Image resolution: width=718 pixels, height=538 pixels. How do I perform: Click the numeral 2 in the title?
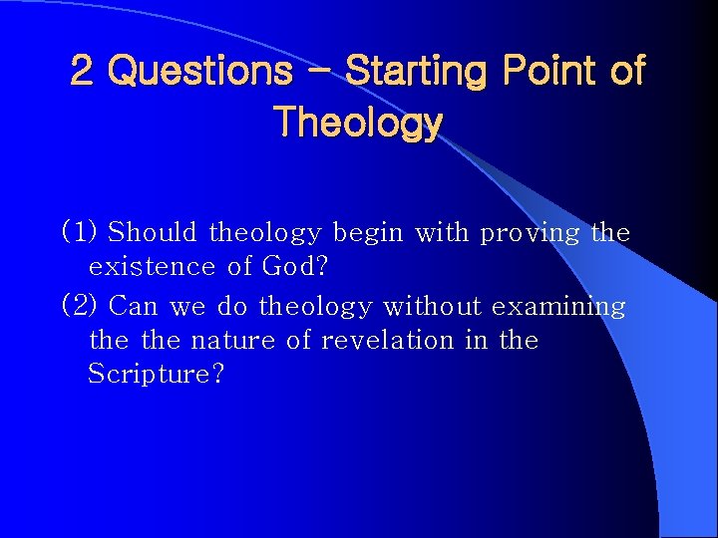[x=83, y=71]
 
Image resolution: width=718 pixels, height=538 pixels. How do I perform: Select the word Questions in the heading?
[x=199, y=71]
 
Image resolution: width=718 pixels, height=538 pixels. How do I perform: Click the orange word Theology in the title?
[x=358, y=123]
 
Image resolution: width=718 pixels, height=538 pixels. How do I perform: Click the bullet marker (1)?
[x=80, y=233]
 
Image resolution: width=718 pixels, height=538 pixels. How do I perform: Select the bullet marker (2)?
[x=80, y=306]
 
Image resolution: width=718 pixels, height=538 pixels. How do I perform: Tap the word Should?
[x=154, y=233]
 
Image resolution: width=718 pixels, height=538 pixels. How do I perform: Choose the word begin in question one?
[x=368, y=233]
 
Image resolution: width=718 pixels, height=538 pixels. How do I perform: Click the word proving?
[x=530, y=233]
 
